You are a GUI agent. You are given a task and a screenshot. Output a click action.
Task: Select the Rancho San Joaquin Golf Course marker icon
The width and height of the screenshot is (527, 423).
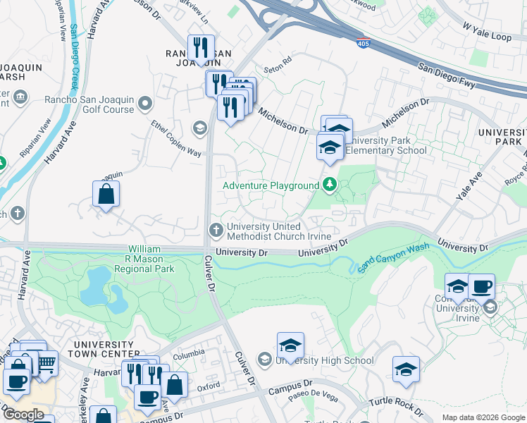[x=146, y=105]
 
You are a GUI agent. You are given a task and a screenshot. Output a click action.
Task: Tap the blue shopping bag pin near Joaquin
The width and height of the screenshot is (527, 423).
[x=106, y=195]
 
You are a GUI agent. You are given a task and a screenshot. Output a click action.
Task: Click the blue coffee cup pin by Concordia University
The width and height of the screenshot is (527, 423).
[x=481, y=286]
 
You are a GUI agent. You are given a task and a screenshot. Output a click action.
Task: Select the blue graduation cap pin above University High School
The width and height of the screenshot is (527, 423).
[x=290, y=346]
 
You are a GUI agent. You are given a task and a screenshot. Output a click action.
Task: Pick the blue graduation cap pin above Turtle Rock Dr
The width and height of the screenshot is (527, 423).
[x=406, y=369]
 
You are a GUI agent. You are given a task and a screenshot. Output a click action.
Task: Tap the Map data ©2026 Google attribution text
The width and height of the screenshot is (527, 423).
[x=483, y=417]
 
